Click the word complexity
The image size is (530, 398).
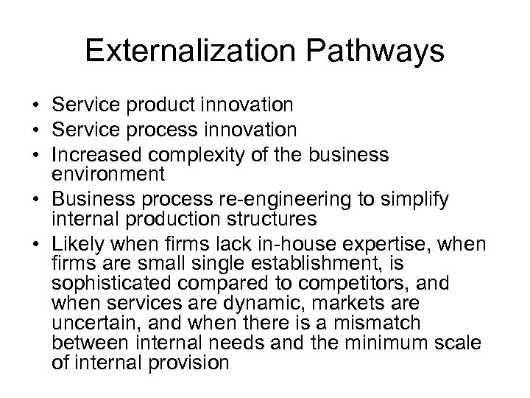pyautogui.click(x=213, y=155)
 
